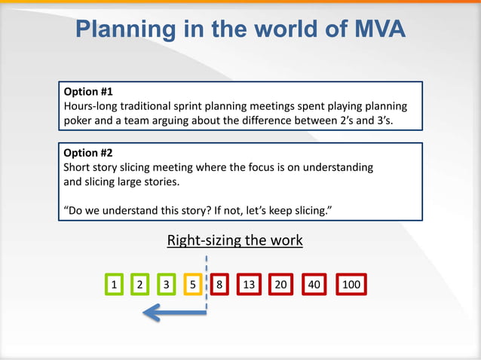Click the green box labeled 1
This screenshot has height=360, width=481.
pos(113,285)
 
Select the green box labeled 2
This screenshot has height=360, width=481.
pos(139,285)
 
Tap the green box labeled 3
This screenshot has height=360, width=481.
pos(166,285)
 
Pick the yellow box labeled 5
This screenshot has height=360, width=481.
pos(193,285)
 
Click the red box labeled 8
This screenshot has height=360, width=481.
pos(219,285)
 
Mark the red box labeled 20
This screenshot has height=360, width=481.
pos(280,285)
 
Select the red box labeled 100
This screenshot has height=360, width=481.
pos(351,285)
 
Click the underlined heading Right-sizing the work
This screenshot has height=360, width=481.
pos(234,241)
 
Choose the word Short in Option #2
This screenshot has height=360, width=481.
pos(76,166)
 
